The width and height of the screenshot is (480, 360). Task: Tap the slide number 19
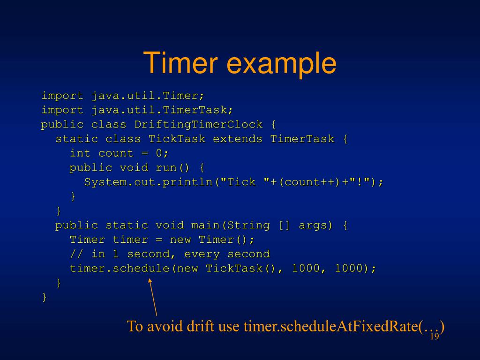(434, 337)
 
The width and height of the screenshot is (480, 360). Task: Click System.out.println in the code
(149, 182)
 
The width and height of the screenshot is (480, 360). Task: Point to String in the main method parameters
(248, 225)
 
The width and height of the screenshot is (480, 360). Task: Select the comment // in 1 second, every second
(170, 254)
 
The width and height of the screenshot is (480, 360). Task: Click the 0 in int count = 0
(159, 153)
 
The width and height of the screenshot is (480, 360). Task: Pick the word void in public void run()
(134, 167)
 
